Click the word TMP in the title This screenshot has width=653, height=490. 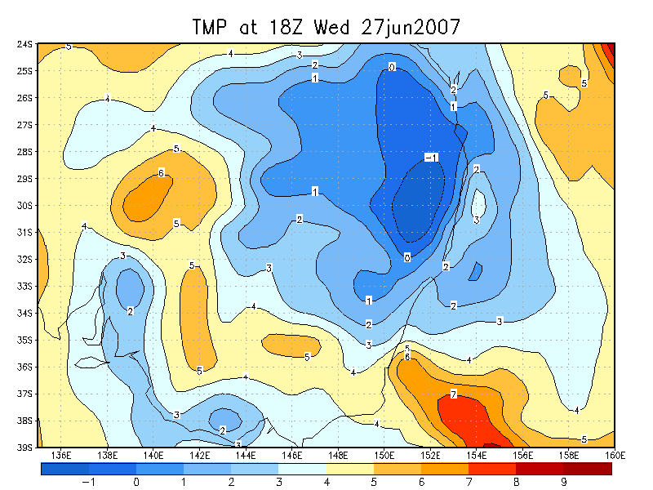pos(212,27)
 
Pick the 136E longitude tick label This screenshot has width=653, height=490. pos(60,455)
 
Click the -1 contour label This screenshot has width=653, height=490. pos(432,157)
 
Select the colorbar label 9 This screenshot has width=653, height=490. pos(564,482)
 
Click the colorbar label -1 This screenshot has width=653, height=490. pos(89,482)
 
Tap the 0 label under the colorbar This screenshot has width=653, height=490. pos(136,482)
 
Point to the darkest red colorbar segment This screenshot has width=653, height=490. pos(588,469)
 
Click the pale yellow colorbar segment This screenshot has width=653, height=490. pos(350,469)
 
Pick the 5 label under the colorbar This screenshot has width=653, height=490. pos(374,482)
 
